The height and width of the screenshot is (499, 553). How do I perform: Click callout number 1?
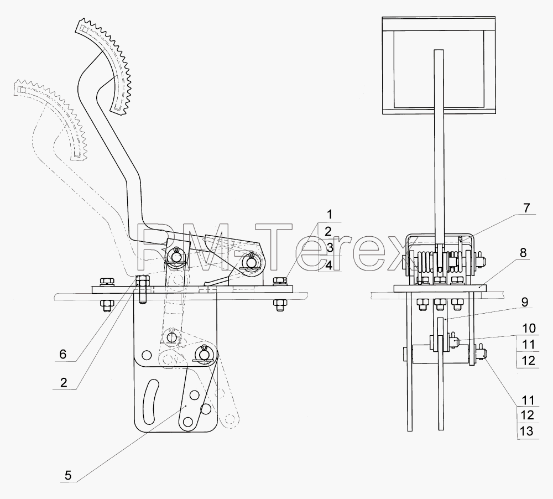coord(330,214)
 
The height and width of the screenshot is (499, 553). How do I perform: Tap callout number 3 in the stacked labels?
coord(330,248)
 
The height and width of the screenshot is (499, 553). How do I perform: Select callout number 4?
coord(328,264)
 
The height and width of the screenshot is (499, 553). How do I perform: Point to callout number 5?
coord(67,475)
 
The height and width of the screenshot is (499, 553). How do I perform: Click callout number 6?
coord(63,354)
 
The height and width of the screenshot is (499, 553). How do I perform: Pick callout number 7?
coord(526,208)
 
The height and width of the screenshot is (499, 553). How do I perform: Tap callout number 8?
coord(523,253)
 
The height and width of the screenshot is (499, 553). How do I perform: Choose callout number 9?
coord(524,303)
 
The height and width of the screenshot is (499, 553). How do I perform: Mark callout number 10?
coord(528,328)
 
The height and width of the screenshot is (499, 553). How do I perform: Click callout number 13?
coord(527,432)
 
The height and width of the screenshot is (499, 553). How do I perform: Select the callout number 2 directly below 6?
coord(64,382)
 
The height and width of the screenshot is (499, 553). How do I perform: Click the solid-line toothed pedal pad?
coord(106,67)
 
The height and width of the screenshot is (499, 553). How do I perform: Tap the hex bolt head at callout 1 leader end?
coord(280,280)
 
